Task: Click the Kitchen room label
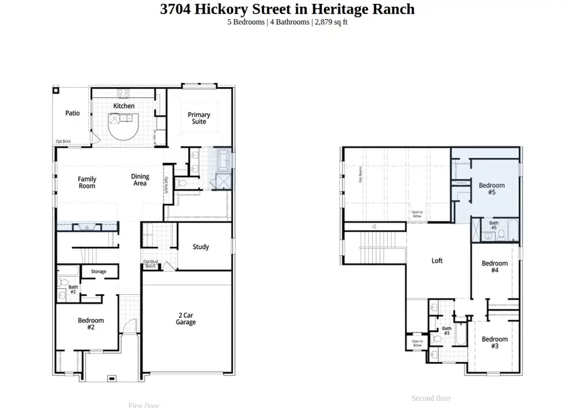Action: (124, 106)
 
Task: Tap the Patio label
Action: (73, 113)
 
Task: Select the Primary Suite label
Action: (199, 118)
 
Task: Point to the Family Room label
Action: (87, 182)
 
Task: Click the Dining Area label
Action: (140, 180)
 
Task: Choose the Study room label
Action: (201, 247)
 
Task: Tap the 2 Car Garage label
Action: (186, 318)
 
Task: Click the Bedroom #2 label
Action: (91, 324)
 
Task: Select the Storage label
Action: (98, 272)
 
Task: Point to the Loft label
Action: (437, 261)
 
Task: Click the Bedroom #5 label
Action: (491, 189)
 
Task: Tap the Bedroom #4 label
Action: (494, 267)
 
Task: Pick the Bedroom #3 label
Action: (494, 343)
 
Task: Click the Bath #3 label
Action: (447, 331)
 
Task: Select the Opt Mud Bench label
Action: (150, 263)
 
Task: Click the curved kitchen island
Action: (122, 127)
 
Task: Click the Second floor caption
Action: (431, 398)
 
